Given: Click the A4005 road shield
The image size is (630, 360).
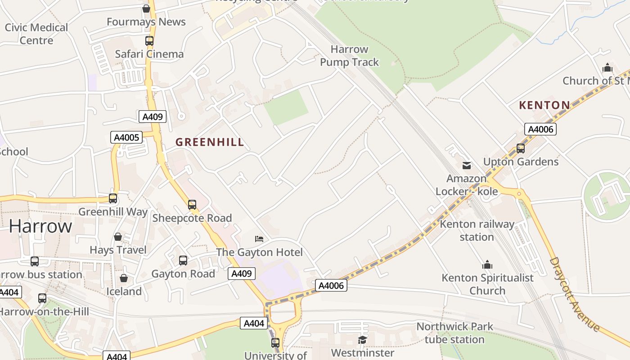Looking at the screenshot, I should (x=126, y=137).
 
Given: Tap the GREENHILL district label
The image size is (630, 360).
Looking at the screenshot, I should (x=210, y=142).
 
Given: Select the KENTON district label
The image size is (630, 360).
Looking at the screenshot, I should (x=544, y=105).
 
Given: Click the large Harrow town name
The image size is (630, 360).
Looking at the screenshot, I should (x=40, y=226).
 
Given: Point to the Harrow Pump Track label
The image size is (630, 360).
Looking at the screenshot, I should (x=350, y=56).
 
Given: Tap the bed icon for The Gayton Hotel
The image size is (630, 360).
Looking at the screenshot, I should (x=259, y=238).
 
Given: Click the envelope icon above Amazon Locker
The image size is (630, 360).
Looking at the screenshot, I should (x=467, y=166).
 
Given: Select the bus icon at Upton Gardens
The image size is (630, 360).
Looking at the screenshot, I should (x=521, y=148).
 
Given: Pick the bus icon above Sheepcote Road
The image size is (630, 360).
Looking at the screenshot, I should (x=192, y=205).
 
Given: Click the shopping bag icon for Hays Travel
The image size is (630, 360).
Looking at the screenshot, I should (x=118, y=237).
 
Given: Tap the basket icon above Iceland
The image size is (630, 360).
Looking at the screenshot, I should (x=124, y=278).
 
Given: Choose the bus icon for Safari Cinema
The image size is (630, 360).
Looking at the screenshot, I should (x=149, y=40).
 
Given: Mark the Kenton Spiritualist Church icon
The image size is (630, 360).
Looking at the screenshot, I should (x=487, y=265).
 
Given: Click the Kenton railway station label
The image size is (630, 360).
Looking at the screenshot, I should (x=477, y=230).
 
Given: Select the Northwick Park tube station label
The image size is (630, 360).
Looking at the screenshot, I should (x=454, y=333).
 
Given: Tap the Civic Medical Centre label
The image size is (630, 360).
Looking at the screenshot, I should (x=36, y=34).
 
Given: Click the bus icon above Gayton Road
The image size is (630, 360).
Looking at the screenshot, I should (x=183, y=260).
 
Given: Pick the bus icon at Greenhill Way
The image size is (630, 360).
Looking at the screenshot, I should (x=113, y=198).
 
